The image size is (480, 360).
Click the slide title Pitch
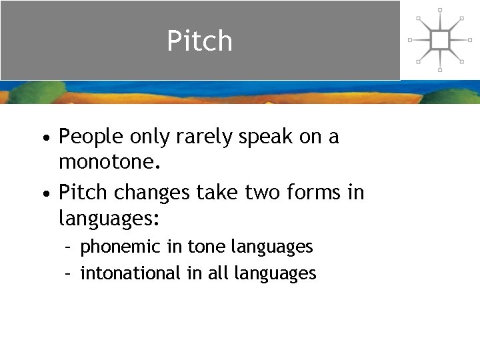click(x=199, y=41)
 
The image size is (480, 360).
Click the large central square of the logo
click(x=440, y=40)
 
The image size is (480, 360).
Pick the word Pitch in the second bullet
click(x=83, y=193)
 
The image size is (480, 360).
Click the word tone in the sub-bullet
click(x=207, y=247)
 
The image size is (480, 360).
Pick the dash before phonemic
click(x=69, y=247)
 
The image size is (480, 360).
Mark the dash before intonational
click(x=69, y=274)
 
